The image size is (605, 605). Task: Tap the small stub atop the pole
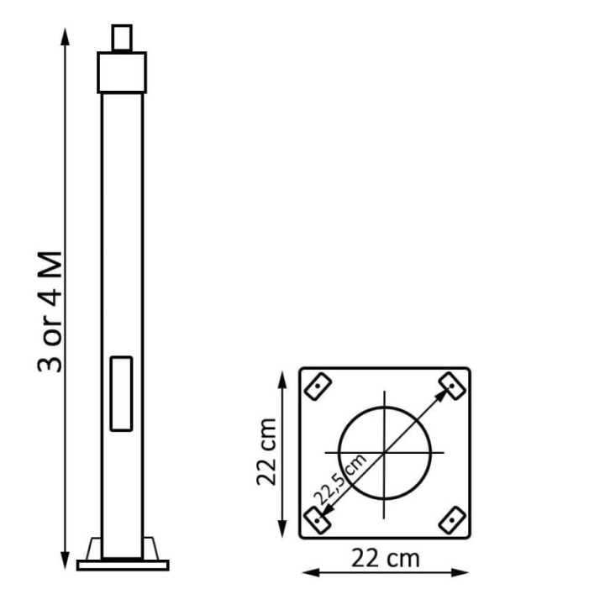pos(123,39)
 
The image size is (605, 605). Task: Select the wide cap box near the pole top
pos(123,72)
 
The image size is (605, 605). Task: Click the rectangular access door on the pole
pos(122,393)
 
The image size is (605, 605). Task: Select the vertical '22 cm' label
pos(266,450)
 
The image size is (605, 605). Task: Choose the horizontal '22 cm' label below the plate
pos(386,557)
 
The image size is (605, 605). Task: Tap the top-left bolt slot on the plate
pos(318,387)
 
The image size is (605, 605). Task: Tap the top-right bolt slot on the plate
pos(453,387)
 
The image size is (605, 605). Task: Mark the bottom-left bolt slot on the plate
pos(317,520)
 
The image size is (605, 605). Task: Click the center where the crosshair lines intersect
pos(385,453)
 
